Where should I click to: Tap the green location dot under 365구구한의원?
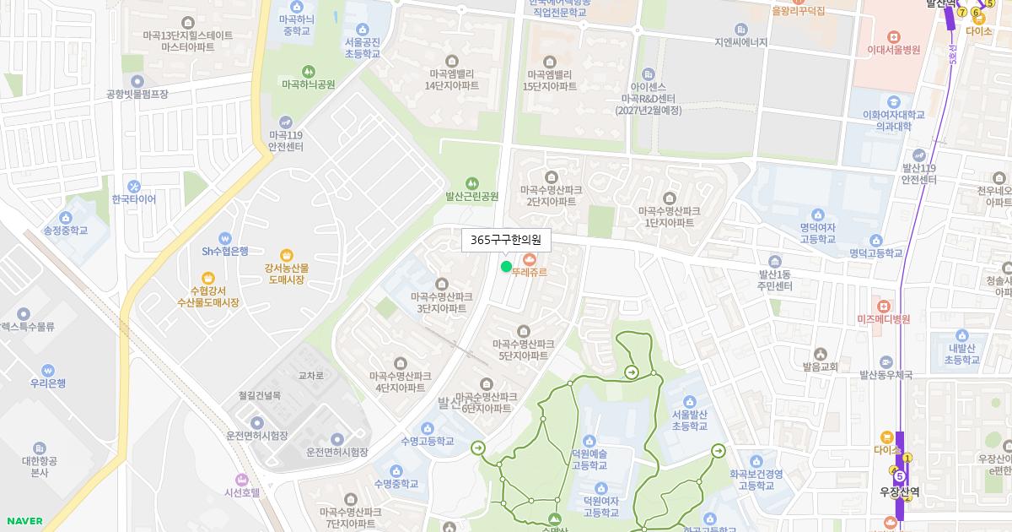tap(506, 267)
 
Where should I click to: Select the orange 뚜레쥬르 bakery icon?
tap(530, 258)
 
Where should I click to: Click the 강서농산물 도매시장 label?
tap(287, 274)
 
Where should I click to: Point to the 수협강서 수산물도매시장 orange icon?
tap(208, 278)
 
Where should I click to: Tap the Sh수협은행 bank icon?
tap(224, 238)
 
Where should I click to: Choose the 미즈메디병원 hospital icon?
tap(884, 306)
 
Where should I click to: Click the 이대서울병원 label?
tap(893, 50)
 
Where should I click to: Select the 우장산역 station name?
tap(899, 491)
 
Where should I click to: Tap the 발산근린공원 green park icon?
tap(472, 182)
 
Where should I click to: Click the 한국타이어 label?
tap(134, 199)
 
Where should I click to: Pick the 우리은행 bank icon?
tap(48, 370)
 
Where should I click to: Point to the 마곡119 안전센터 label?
tap(286, 140)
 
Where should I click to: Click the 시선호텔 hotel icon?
tap(242, 480)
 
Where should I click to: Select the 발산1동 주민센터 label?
tap(775, 280)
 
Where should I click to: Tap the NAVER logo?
tap(24, 521)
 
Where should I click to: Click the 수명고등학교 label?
tap(427, 441)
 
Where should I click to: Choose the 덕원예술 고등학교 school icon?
tap(589, 441)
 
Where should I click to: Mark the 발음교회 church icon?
tap(820, 354)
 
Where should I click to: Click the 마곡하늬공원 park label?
tap(309, 84)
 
